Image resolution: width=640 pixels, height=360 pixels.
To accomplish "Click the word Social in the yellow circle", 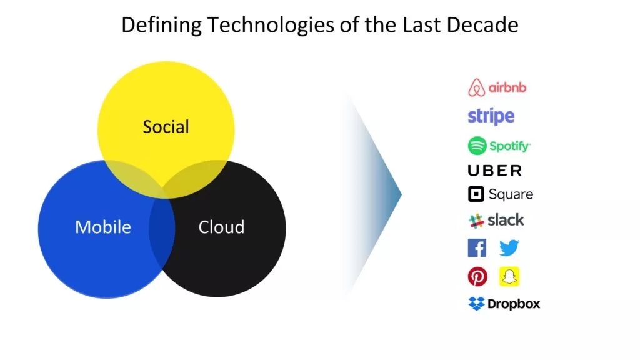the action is [x=166, y=126].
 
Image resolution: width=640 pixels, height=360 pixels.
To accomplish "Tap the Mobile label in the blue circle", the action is [x=103, y=227].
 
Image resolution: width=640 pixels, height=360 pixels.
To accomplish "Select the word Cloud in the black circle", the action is [x=222, y=227].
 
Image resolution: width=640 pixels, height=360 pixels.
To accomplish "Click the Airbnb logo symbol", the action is [x=476, y=87].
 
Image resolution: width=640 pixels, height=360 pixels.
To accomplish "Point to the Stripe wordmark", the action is [x=491, y=116].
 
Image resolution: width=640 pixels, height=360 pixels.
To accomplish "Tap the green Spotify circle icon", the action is [x=477, y=146].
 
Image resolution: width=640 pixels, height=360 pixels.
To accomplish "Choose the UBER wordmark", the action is [x=495, y=171].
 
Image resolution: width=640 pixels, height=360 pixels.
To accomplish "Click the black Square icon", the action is [x=476, y=194].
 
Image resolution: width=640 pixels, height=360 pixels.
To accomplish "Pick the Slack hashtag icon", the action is [x=476, y=221].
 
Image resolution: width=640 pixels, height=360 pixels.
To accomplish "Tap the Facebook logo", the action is [x=477, y=248].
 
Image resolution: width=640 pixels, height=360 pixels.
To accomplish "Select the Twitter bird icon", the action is [x=509, y=247].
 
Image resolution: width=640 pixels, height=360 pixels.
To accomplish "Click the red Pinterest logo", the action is [x=477, y=277].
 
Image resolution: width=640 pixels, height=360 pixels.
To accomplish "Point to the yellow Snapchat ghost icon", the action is [x=509, y=277].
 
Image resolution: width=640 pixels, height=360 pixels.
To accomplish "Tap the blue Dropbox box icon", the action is [x=476, y=304].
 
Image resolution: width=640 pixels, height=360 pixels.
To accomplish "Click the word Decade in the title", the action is [x=482, y=24].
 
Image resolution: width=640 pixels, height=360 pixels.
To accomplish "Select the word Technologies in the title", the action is [x=277, y=26].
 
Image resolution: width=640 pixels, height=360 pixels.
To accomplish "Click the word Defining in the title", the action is [x=162, y=26].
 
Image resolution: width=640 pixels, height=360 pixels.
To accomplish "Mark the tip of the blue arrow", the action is [x=402, y=194].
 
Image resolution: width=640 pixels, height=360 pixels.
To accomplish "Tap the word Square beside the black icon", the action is [x=511, y=195].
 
